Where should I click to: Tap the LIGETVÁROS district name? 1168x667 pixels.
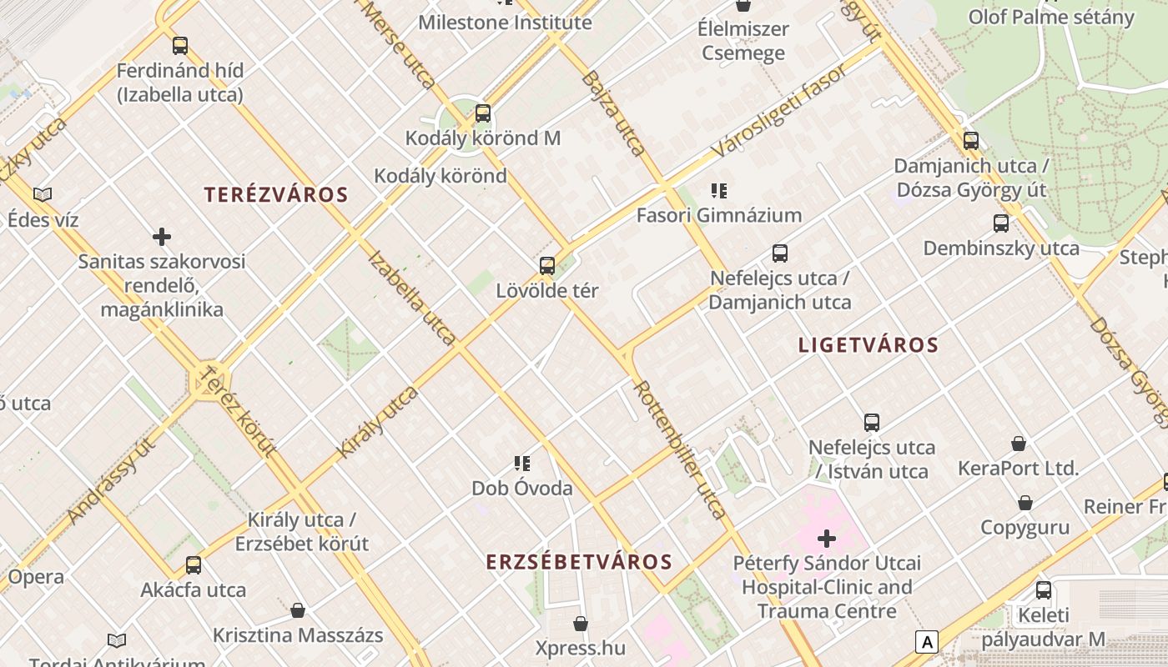[x=868, y=345]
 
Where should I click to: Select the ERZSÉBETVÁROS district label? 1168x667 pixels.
[x=579, y=562]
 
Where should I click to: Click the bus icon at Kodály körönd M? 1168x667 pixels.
[x=483, y=113]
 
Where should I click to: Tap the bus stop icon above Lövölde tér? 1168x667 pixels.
[x=547, y=266]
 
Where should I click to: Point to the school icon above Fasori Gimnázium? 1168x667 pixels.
[x=718, y=191]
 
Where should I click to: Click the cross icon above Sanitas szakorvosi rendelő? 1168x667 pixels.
[x=162, y=238]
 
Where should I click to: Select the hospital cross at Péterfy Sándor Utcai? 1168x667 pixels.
[x=827, y=539]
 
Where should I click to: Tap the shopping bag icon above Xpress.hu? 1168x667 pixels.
[x=581, y=624]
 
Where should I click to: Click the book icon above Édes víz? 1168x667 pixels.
[x=43, y=194]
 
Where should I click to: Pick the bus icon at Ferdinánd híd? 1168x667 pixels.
[x=180, y=45]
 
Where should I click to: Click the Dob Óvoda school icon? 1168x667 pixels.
[x=522, y=464]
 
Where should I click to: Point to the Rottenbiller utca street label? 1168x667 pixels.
[x=680, y=450]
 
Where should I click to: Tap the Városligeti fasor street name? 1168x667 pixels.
[x=780, y=111]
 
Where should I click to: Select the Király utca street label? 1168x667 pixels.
[x=377, y=422]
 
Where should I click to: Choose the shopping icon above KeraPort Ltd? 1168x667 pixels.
[x=1018, y=443]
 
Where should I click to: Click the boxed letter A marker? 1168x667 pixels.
[x=926, y=642]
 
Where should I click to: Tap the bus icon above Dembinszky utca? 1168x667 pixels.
[x=1001, y=223]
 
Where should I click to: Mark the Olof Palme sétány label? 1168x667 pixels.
[x=1051, y=17]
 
